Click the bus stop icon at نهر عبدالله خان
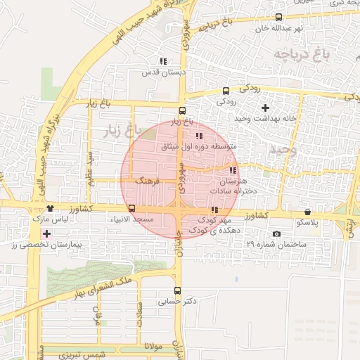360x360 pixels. click(x=279, y=18)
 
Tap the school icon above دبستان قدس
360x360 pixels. click(x=163, y=62)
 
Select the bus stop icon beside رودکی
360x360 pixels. click(x=226, y=91)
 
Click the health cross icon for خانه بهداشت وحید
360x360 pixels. click(x=265, y=108)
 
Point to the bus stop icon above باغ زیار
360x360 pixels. click(x=182, y=110)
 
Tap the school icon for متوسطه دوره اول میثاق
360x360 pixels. click(x=199, y=136)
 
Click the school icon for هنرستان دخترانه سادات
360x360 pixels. click(x=233, y=171)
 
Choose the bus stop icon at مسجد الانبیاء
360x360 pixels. click(x=131, y=208)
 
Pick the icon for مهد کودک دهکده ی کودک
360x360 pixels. click(x=214, y=210)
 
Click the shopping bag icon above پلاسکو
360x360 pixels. click(x=307, y=212)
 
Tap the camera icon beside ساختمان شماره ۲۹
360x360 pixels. click(x=276, y=233)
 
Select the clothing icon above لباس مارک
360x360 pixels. click(x=50, y=209)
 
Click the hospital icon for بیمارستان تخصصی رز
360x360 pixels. click(x=47, y=233)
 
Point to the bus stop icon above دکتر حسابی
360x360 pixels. click(x=177, y=290)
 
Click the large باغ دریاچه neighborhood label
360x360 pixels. click(x=297, y=52)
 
